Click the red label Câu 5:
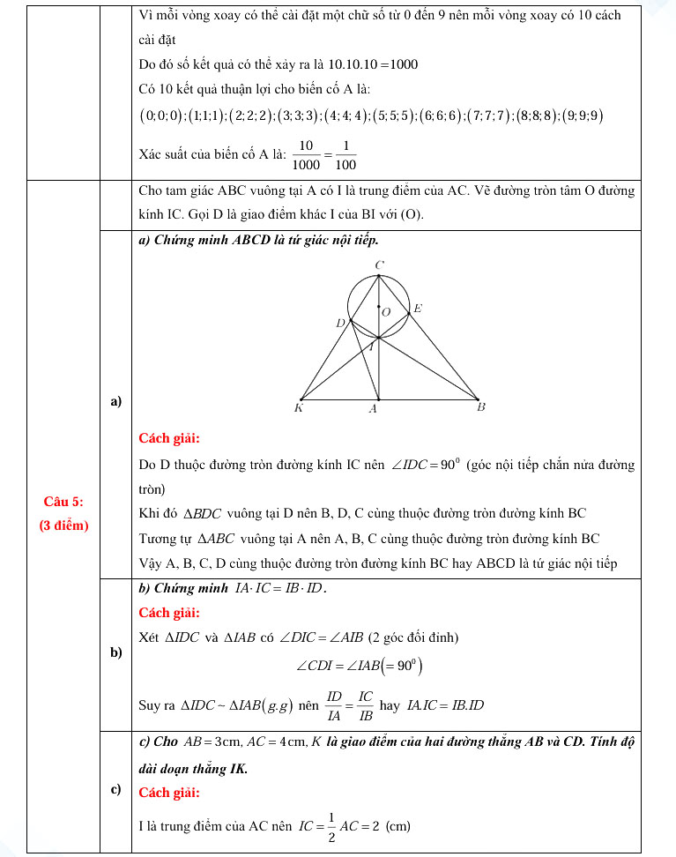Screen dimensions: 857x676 63,502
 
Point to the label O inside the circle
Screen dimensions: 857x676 385,312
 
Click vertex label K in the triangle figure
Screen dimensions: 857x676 299,408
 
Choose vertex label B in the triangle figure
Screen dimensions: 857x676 480,407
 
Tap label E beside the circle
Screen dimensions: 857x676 418,309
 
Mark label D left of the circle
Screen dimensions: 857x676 340,324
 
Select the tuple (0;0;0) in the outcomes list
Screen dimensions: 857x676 160,116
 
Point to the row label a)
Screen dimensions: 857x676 115,402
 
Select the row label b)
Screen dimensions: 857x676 115,652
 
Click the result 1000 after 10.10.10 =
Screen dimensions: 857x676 403,65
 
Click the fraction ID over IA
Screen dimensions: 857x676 334,705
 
